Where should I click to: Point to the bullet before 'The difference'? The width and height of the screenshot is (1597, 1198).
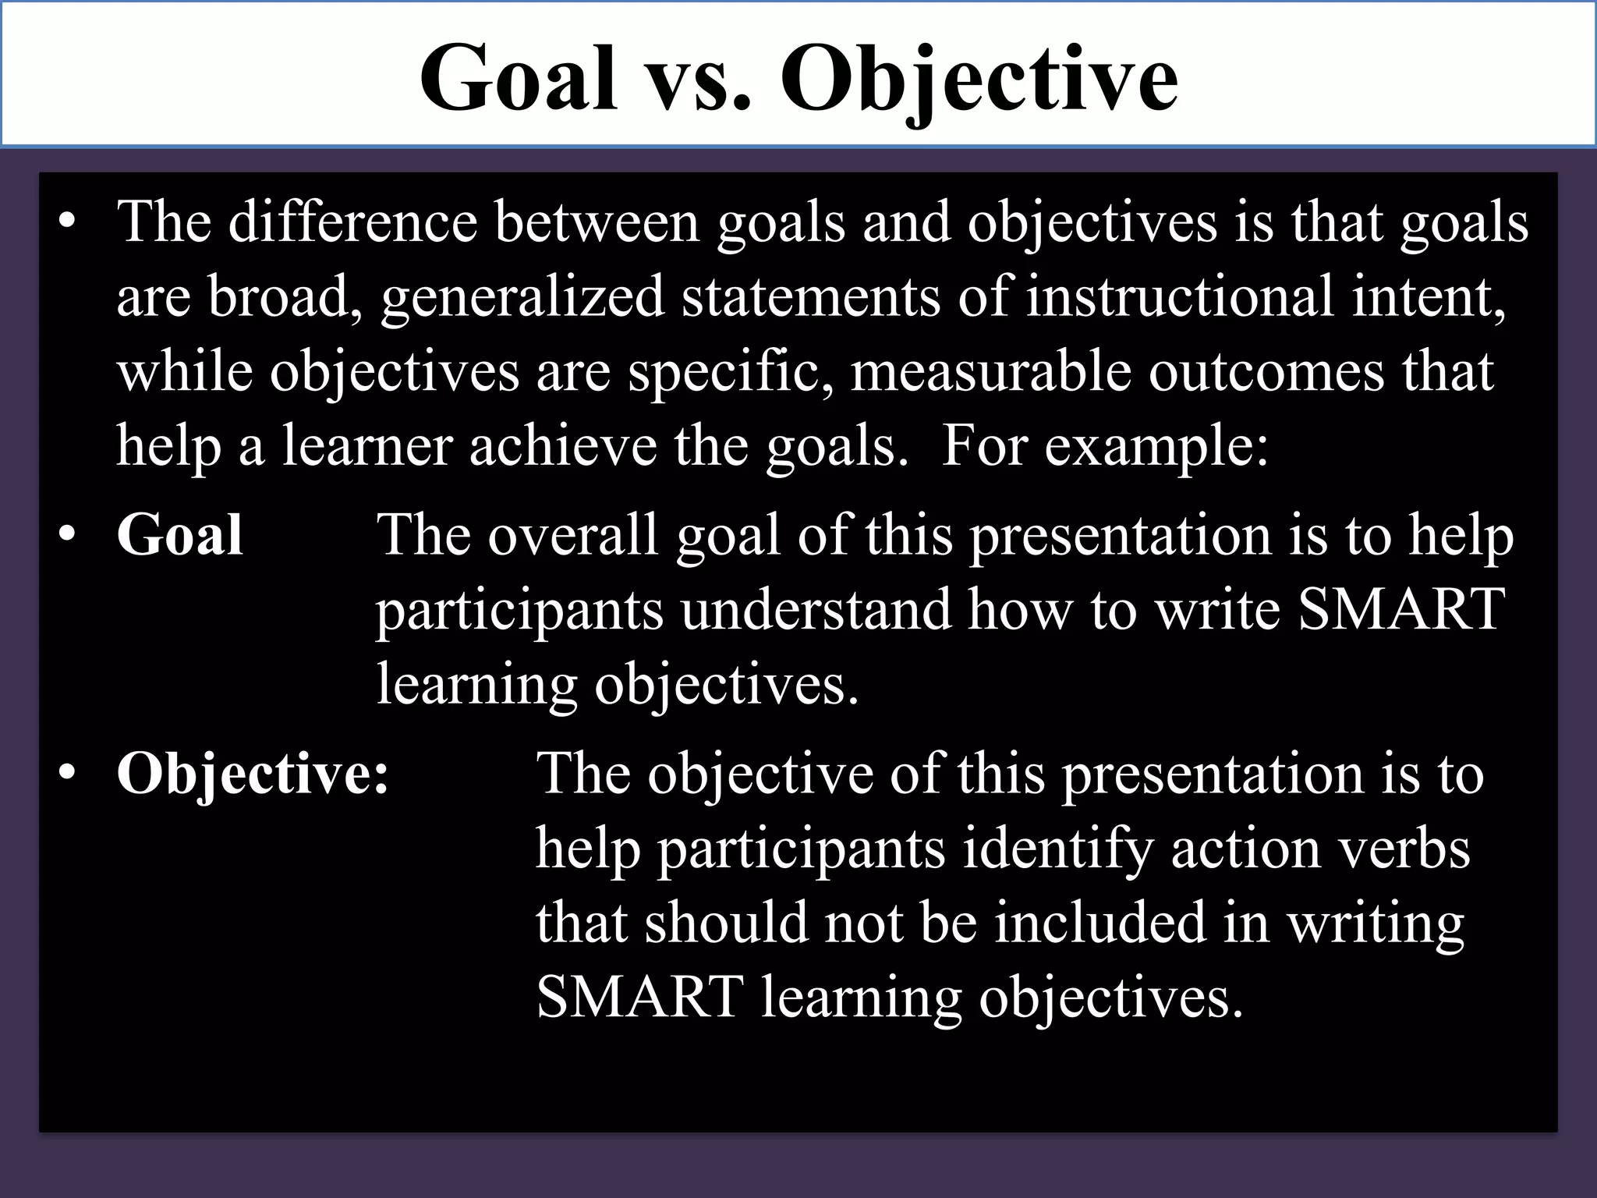69,223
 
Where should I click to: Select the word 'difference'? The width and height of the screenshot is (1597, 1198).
352,222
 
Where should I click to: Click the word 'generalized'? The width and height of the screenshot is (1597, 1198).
522,298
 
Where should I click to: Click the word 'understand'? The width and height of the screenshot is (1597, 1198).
816,610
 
